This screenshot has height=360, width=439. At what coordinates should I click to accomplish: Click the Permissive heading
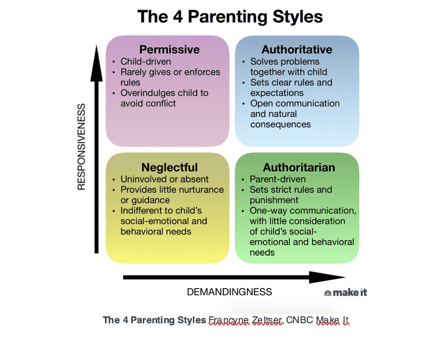pyautogui.click(x=169, y=50)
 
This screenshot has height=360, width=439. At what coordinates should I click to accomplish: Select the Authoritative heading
pyautogui.click(x=297, y=50)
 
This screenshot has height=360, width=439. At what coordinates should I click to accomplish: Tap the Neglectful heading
pyautogui.click(x=169, y=167)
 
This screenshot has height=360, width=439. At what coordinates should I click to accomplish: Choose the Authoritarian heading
pyautogui.click(x=299, y=167)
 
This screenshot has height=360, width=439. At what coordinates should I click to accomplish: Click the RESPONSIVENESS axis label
pyautogui.click(x=81, y=147)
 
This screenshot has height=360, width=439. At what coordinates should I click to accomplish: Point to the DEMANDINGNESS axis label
pyautogui.click(x=229, y=292)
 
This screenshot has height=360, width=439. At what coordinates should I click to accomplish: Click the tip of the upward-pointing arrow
pyautogui.click(x=96, y=45)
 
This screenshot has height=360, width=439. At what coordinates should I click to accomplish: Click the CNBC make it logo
pyautogui.click(x=345, y=292)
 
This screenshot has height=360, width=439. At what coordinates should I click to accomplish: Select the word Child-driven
pyautogui.click(x=145, y=62)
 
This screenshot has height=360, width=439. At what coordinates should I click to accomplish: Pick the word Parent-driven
pyautogui.click(x=278, y=179)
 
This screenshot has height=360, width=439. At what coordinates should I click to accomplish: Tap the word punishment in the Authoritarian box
pyautogui.click(x=274, y=200)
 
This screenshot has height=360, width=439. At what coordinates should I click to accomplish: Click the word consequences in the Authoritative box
pyautogui.click(x=280, y=125)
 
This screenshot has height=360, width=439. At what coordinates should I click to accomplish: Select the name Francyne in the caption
pyautogui.click(x=228, y=320)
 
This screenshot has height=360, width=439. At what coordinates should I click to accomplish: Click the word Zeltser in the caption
pyautogui.click(x=267, y=320)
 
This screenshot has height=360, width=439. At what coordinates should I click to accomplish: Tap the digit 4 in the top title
pyautogui.click(x=178, y=17)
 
